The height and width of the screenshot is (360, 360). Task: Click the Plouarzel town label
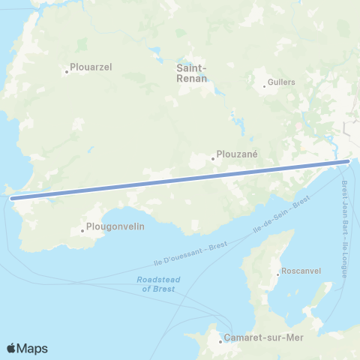point(90,67)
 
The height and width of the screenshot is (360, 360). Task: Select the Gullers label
point(282,82)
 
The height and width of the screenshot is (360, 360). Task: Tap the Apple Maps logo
point(27,348)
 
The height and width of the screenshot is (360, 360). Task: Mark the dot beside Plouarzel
point(67,72)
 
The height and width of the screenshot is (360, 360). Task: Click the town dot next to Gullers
point(264,86)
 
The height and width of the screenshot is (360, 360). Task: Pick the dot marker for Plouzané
point(213,158)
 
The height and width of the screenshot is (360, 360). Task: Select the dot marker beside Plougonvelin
point(82,230)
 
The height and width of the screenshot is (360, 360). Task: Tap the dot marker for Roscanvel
point(278,275)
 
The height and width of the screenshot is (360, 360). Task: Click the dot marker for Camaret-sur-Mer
point(220,342)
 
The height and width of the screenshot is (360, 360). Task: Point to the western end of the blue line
point(13,199)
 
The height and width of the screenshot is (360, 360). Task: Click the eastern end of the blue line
point(348,160)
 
